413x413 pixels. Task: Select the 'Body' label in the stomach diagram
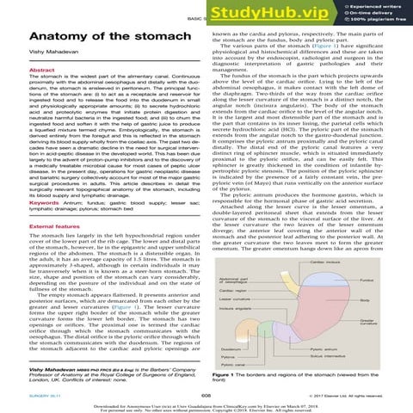click(x=382, y=297)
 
